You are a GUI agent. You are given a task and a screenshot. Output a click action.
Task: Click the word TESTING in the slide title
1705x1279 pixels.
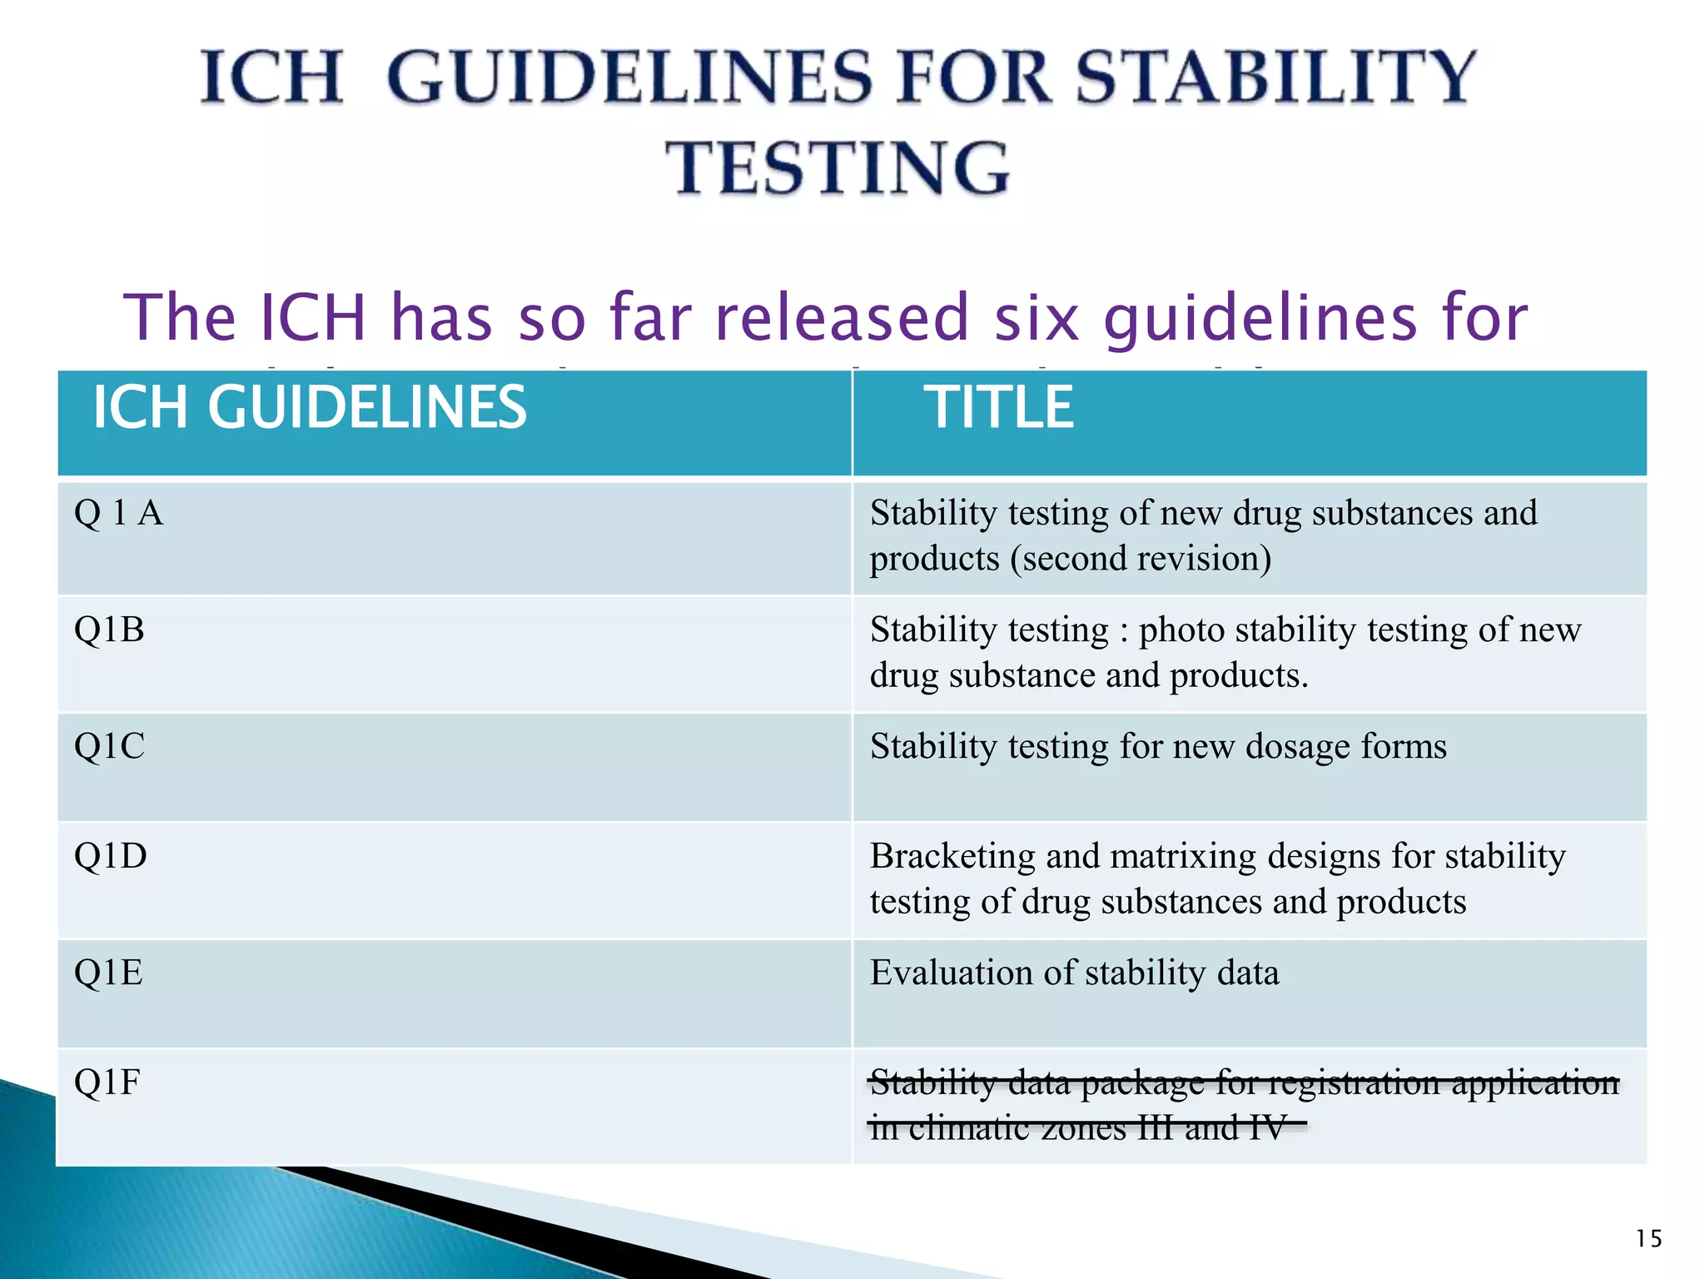838,168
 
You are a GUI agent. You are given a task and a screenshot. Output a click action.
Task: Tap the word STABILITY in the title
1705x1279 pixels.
1275,77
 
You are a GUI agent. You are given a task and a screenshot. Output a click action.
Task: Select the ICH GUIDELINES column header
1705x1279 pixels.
309,408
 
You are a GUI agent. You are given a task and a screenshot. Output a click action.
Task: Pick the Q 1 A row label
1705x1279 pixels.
118,513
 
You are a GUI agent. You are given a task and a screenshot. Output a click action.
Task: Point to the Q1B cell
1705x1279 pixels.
109,630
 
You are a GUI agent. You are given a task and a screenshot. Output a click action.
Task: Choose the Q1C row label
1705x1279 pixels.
109,746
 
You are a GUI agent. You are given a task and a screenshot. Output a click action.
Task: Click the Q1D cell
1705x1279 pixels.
110,856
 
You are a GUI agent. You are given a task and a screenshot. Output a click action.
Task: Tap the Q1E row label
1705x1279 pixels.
108,973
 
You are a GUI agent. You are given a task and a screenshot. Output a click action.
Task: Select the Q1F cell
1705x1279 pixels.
107,1082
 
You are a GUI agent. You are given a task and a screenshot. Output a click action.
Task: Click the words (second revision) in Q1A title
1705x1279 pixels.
1141,559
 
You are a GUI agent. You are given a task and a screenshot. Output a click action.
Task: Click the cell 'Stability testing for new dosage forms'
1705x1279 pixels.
1158,747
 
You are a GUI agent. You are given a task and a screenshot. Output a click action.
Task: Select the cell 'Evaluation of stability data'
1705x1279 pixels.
1074,973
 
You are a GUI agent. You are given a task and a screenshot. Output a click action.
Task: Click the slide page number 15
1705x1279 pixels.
1648,1239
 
